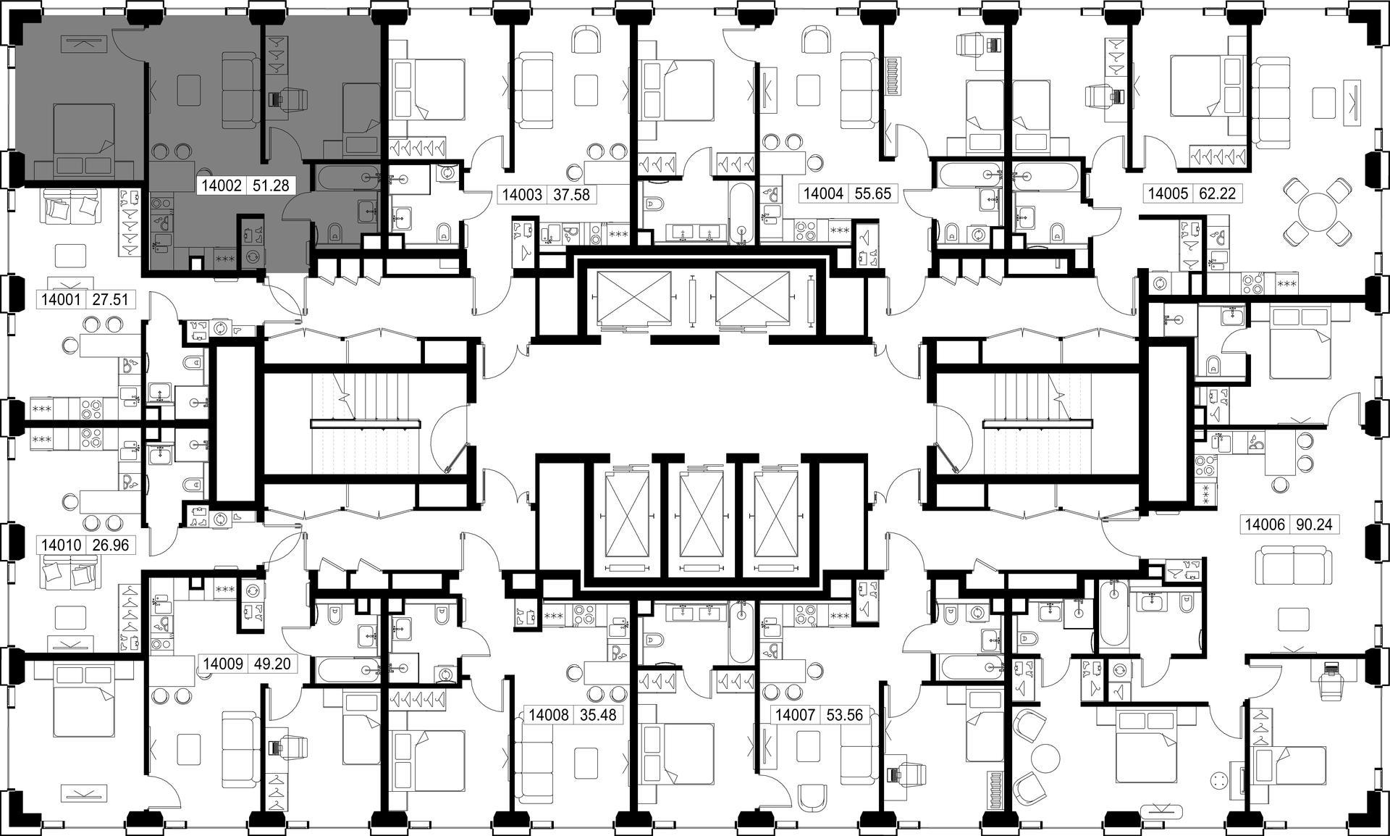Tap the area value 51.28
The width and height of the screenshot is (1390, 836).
click(270, 185)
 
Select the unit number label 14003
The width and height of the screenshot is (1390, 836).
click(522, 194)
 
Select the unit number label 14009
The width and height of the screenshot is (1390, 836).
click(224, 664)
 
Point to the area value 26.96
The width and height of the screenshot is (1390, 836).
click(111, 545)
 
